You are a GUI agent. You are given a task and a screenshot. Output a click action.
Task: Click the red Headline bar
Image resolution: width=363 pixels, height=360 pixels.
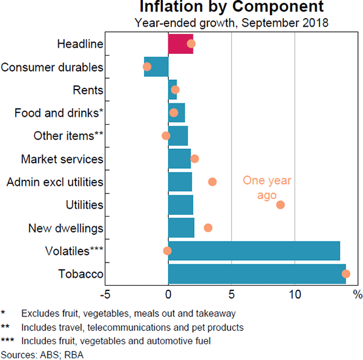180,44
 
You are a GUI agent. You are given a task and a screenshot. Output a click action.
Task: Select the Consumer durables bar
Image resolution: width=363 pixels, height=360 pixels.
156,67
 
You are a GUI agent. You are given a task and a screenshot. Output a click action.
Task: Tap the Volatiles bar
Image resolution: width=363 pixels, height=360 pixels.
254,250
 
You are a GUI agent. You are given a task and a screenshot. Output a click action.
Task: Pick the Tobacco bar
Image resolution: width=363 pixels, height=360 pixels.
257,274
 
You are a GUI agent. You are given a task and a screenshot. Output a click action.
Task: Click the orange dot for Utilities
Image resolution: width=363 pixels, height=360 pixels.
280,205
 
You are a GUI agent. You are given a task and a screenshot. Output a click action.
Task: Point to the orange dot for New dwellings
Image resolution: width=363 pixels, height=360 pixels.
208,228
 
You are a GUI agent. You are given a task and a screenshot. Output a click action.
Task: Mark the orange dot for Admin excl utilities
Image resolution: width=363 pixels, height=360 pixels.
212,182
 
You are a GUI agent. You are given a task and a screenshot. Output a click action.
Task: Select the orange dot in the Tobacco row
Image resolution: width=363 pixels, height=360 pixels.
345,274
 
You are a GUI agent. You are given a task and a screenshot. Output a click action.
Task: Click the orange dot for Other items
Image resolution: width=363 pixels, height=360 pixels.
166,136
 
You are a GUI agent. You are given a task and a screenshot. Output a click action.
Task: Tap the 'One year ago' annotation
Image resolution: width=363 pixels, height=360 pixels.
267,188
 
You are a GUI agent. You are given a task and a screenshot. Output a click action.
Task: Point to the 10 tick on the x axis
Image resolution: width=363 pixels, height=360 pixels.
295,295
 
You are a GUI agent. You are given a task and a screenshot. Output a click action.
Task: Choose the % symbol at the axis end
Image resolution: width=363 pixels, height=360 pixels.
357,295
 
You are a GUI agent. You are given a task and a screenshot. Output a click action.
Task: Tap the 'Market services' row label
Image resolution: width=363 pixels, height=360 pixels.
62,159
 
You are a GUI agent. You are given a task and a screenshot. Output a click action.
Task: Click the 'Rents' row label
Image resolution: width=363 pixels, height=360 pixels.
88,90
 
